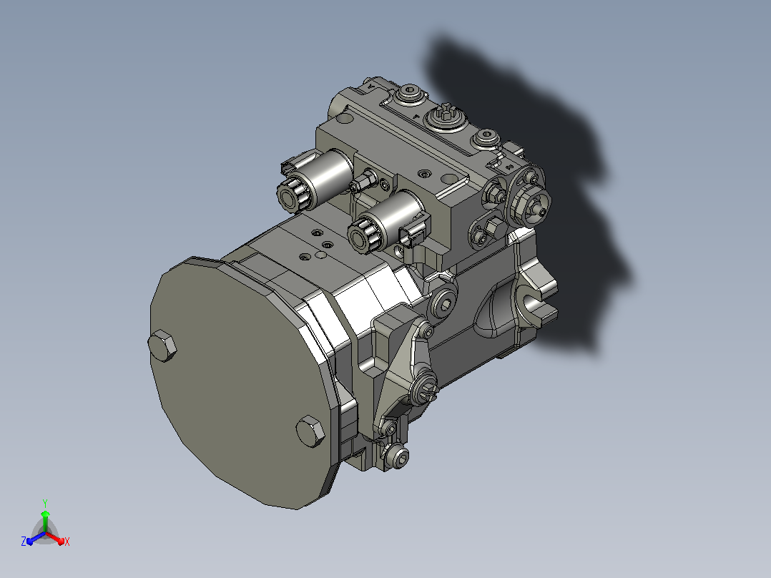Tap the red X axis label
point(67,542)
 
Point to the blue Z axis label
point(24,541)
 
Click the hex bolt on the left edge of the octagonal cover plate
point(162,346)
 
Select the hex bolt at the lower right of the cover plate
point(310,431)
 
